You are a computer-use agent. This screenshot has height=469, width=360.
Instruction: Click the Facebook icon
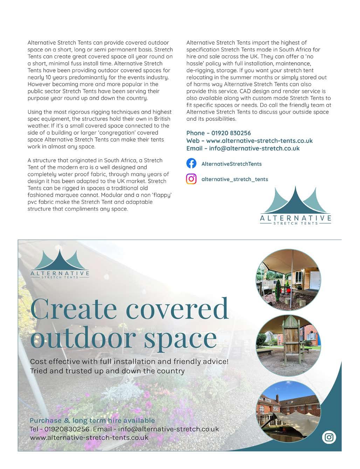coord(191,164)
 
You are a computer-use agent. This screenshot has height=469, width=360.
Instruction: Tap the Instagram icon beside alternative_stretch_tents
coord(191,179)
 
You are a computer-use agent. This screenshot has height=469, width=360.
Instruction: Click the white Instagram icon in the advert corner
coord(329,437)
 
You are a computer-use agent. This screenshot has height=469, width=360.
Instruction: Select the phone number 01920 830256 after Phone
coord(231,133)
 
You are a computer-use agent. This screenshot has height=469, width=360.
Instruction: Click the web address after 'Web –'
coord(259,141)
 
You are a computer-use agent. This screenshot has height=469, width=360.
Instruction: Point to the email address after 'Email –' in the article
coord(254,148)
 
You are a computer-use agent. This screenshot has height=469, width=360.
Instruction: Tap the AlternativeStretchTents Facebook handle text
coord(231,164)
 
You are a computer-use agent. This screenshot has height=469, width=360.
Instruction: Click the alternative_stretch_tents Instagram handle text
coord(235,179)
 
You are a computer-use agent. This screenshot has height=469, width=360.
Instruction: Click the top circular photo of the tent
coord(289,280)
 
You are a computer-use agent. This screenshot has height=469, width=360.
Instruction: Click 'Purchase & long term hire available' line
coord(92,420)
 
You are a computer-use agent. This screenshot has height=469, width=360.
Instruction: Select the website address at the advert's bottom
coord(89,437)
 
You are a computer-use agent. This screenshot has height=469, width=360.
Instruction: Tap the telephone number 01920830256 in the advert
coord(67,429)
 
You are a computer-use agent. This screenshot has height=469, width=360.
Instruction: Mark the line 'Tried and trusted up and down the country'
coord(107,371)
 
